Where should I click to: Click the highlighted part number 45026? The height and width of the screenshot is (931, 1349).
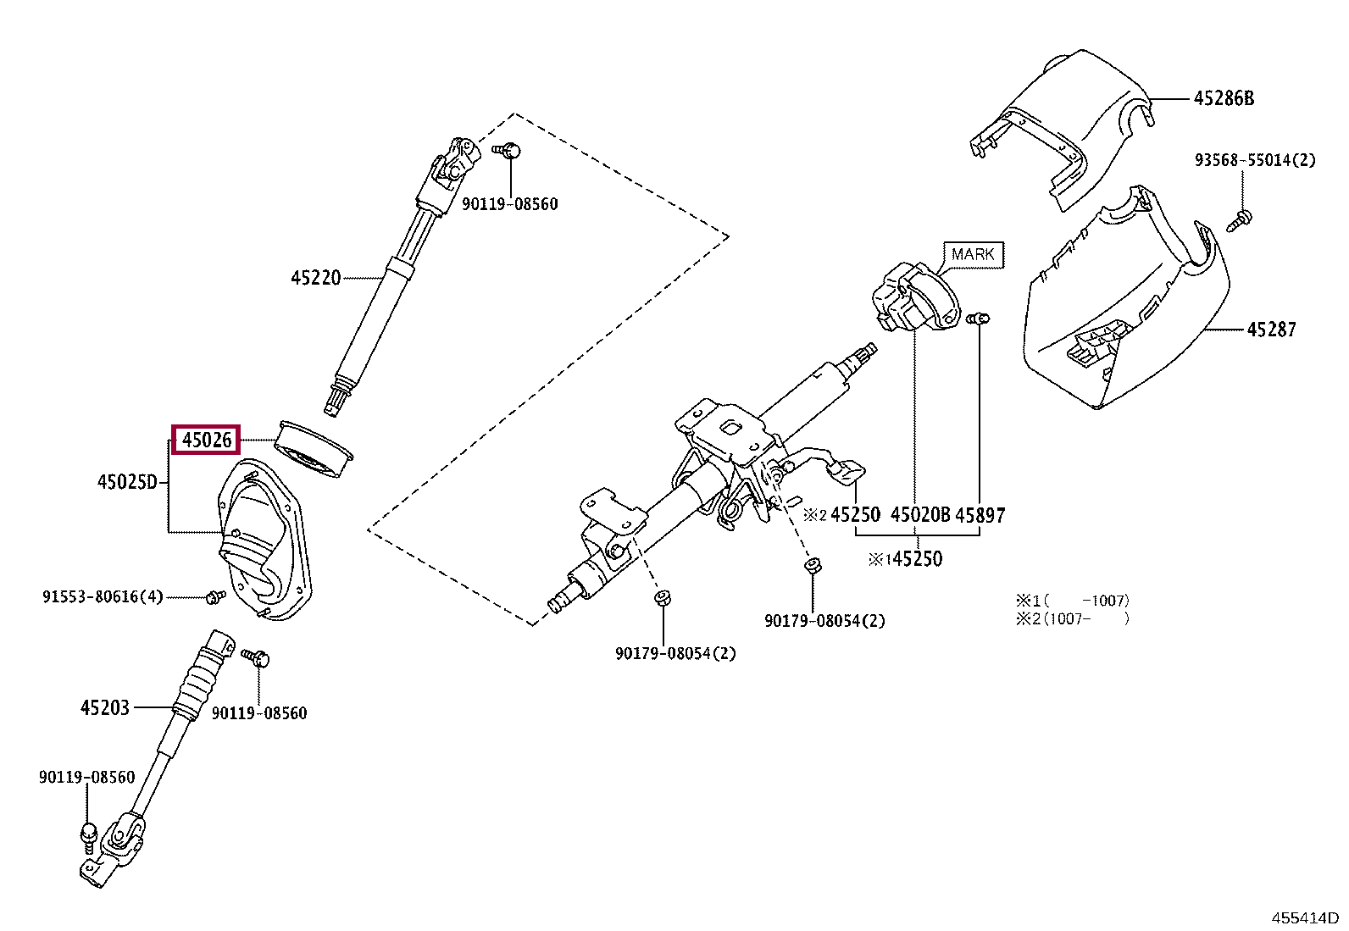(207, 441)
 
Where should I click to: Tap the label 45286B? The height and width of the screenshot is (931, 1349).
(1224, 98)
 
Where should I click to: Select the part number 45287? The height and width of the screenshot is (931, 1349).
(1271, 330)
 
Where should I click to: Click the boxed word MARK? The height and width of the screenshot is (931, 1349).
(974, 255)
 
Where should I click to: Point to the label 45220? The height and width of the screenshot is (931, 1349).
(315, 278)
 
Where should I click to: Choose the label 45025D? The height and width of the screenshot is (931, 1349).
(127, 482)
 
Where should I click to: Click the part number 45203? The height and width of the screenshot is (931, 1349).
(105, 707)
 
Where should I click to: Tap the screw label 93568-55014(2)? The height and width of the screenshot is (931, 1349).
(1255, 160)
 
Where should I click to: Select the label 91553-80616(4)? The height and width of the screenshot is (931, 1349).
(103, 596)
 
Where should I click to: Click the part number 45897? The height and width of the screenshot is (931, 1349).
(980, 516)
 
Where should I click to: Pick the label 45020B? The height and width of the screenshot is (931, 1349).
(919, 515)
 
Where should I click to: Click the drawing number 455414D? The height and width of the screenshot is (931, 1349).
(1304, 917)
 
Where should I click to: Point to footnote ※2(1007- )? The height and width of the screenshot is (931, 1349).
(1073, 619)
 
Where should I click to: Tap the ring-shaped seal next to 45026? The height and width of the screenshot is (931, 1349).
(314, 451)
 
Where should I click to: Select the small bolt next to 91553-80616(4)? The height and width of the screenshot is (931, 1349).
(214, 596)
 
